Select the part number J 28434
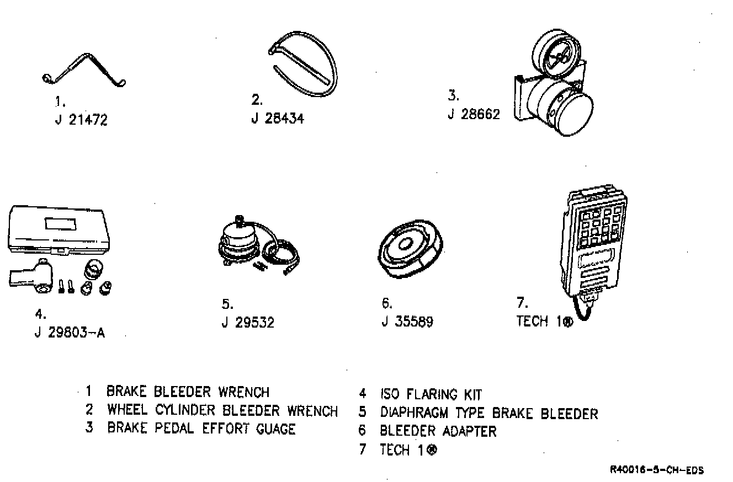coord(277,119)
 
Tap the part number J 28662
coord(474,115)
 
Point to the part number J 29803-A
coord(70,334)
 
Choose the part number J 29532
coord(248,322)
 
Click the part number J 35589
coord(407,322)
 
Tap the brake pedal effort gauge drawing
coord(554,88)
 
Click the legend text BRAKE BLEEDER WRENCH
coord(188,392)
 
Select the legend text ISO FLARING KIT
coord(431,395)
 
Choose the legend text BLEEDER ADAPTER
coord(438,431)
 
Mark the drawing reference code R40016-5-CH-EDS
coord(657,470)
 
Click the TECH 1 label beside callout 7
coord(544,322)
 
